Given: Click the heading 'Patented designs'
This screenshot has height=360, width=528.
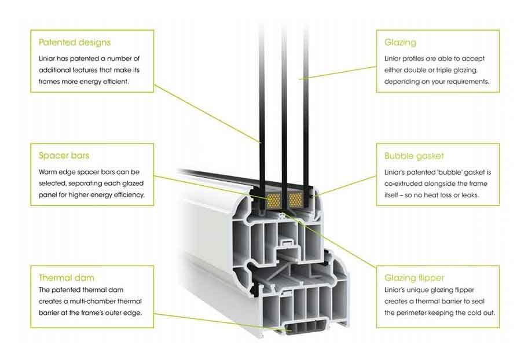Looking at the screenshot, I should point(74,42).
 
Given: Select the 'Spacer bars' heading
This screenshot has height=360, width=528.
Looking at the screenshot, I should point(64,156).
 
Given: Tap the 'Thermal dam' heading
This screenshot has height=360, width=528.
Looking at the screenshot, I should point(66,277).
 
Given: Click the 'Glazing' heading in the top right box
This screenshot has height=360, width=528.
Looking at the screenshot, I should point(400,42).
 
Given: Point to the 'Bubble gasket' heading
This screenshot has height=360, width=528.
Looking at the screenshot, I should point(414,156).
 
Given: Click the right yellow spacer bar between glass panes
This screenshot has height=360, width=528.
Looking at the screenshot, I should point(295,200).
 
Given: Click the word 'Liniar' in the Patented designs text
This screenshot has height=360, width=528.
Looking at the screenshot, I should point(48,58).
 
